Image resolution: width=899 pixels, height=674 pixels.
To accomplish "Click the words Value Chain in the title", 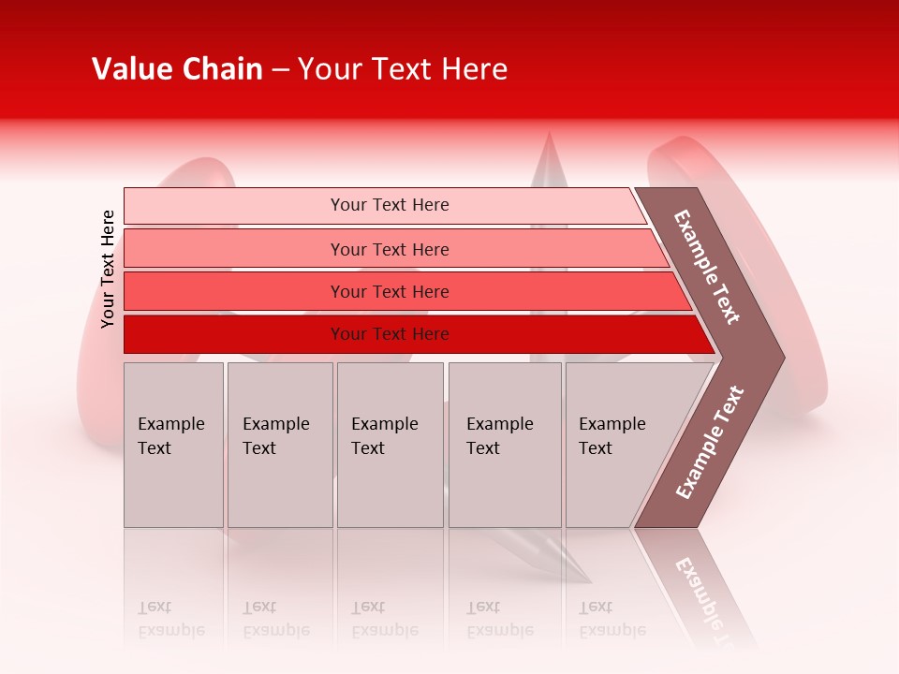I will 177,69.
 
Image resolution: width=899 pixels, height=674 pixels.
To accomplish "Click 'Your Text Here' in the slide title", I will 403,69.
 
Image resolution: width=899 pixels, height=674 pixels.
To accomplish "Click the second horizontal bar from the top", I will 389,249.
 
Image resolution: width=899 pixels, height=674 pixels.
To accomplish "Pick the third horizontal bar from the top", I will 389,291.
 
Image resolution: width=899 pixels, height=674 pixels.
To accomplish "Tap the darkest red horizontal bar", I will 389,334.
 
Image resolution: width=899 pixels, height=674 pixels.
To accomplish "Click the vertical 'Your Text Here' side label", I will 108,269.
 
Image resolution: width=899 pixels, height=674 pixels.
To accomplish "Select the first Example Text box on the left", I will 173,445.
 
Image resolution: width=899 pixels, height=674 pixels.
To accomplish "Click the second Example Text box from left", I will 279,445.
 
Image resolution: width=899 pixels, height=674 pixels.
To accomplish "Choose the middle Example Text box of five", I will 390,445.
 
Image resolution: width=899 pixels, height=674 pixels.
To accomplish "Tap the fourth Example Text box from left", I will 504,445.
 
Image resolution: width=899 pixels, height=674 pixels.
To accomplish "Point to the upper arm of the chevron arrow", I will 707,267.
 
